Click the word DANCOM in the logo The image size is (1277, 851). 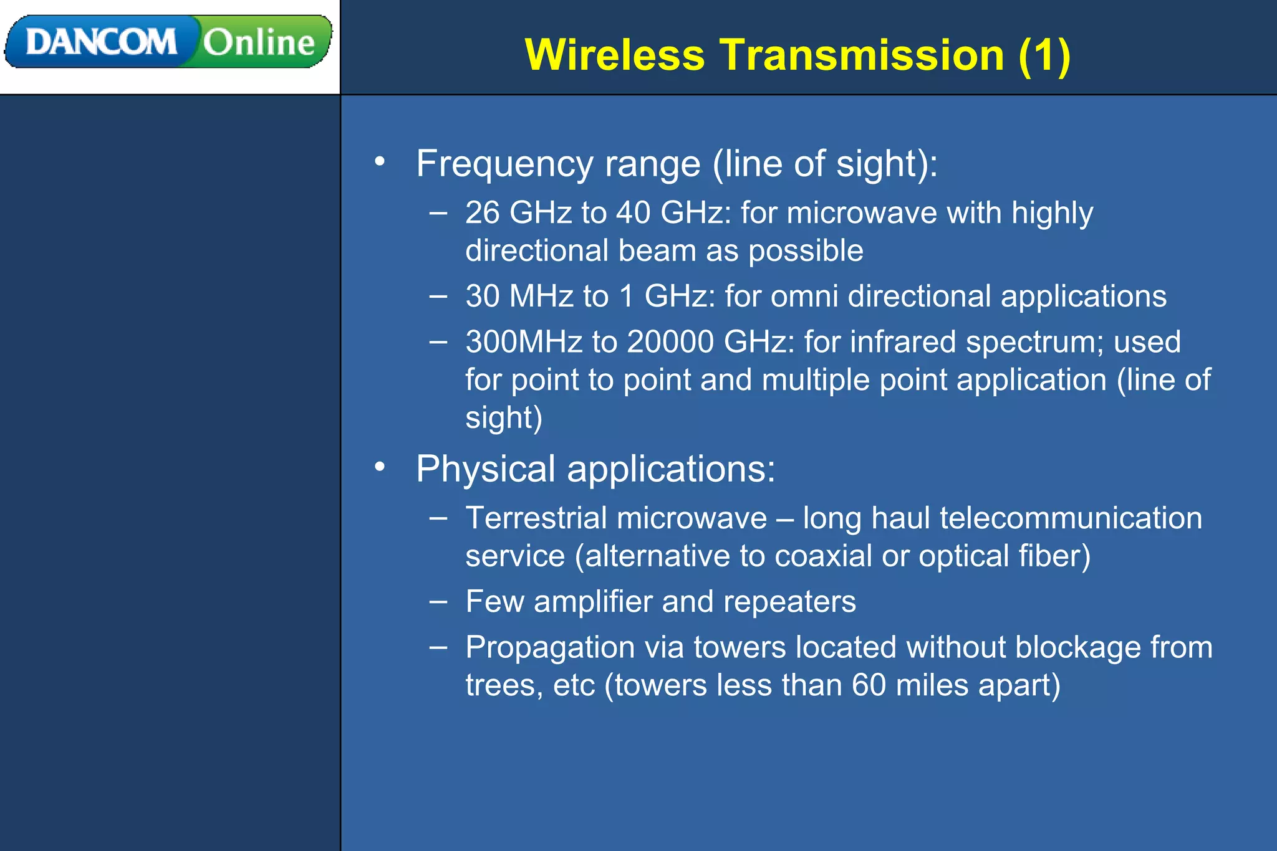[x=101, y=42]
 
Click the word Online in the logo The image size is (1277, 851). [x=259, y=42]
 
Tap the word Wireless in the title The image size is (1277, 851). [x=615, y=55]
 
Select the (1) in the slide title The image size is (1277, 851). [x=1044, y=55]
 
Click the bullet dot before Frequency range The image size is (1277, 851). [x=380, y=162]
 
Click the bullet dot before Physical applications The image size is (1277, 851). [x=380, y=467]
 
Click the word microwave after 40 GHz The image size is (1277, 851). [x=862, y=212]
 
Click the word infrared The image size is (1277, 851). [x=903, y=341]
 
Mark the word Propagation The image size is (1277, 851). [x=550, y=647]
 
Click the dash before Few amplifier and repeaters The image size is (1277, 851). [x=438, y=602]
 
